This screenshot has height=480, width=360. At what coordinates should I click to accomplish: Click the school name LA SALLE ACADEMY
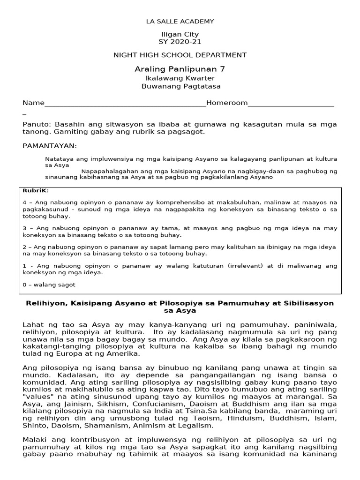click(180, 21)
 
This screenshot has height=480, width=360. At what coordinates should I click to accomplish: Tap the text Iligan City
click(180, 34)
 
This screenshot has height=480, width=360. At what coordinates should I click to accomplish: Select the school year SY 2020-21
click(180, 42)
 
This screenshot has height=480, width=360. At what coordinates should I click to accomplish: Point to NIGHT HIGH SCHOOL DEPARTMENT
click(180, 55)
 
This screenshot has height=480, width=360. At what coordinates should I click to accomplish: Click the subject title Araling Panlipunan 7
click(180, 69)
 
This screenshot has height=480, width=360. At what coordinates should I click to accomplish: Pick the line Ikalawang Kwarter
click(180, 78)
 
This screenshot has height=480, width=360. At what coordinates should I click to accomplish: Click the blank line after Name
click(125, 104)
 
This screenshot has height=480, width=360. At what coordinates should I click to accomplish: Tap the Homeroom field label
click(227, 103)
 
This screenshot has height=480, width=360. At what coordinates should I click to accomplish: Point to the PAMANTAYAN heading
click(50, 146)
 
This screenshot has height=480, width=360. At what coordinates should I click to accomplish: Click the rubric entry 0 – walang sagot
click(49, 285)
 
